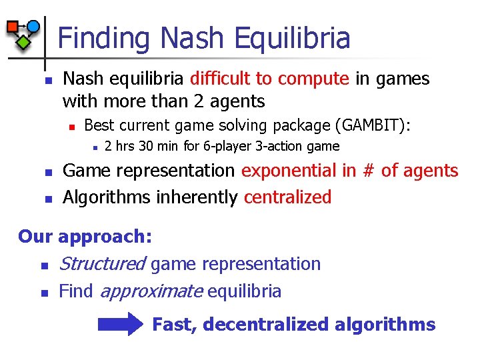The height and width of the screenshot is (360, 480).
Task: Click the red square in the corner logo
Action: tap(13, 27)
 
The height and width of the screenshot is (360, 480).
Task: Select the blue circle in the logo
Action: tap(33, 26)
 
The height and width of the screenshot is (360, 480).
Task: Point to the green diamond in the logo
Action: tap(23, 41)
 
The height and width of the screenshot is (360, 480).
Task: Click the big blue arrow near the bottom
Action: tap(120, 325)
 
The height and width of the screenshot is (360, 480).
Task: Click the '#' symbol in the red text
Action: tap(368, 171)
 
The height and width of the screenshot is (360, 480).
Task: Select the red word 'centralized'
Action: tap(287, 197)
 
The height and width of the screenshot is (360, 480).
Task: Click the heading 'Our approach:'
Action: tap(85, 237)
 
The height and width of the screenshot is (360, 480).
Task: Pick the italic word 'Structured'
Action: tap(102, 264)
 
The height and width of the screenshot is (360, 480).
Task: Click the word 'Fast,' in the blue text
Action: tap(175, 325)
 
